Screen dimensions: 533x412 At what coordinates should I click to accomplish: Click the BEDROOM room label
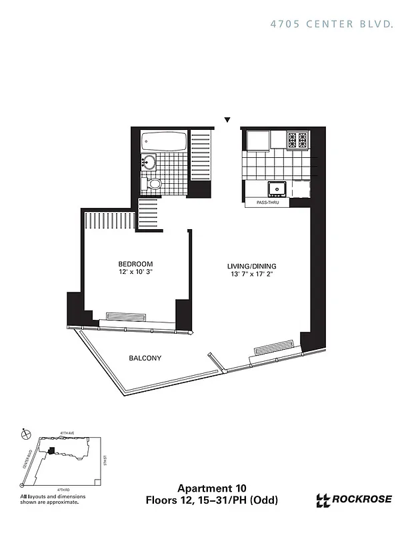[x=136, y=263]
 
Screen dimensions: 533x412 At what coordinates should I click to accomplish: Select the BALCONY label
[x=145, y=358]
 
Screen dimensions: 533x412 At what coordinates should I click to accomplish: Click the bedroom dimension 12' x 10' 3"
[x=136, y=272]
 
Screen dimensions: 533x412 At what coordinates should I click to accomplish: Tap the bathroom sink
[x=149, y=162]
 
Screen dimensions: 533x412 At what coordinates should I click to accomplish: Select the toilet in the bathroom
[x=153, y=184]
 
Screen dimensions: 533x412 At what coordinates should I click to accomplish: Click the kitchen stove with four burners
[x=297, y=140]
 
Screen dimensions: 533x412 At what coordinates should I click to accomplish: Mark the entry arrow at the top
[x=227, y=120]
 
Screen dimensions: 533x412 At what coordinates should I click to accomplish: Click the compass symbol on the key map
[x=26, y=434]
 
